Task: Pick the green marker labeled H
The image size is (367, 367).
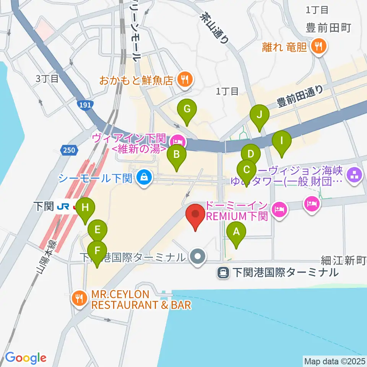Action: (x=85, y=209)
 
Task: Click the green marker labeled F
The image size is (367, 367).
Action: (x=98, y=252)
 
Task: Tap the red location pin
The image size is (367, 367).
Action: (x=195, y=215)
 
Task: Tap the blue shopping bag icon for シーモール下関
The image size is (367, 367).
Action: (x=144, y=178)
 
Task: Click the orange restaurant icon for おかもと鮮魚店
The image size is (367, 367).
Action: (x=185, y=80)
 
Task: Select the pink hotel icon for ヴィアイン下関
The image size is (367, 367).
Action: (x=179, y=142)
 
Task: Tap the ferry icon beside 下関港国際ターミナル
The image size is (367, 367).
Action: (x=223, y=273)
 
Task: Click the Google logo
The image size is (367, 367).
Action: (x=26, y=358)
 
